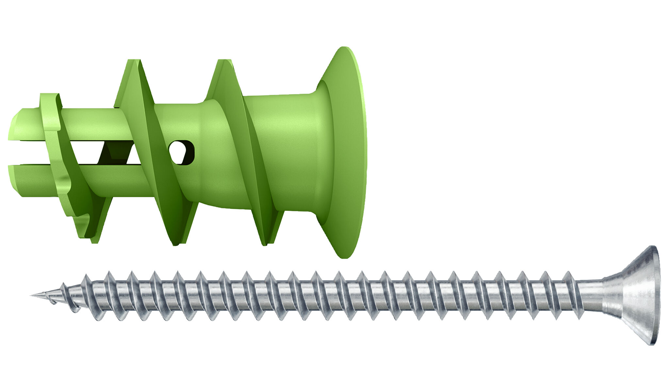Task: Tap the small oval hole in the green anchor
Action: [181, 152]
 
